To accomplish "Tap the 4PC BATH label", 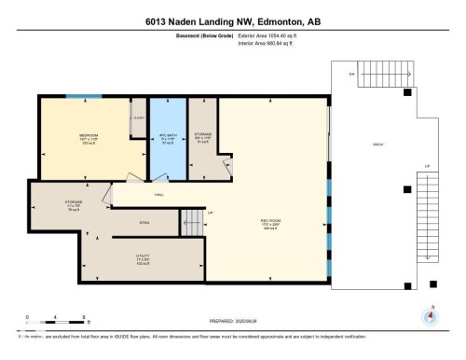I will tap(169, 136).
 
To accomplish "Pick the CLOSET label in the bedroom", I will tap(138, 118).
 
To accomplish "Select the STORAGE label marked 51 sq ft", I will tap(203, 137).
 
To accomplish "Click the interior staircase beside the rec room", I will tap(192, 221).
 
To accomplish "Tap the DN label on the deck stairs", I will tap(350, 75).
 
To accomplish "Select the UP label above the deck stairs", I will tap(427, 168).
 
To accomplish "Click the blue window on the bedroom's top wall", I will tap(82, 95).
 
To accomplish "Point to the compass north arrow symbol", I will tap(430, 315).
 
